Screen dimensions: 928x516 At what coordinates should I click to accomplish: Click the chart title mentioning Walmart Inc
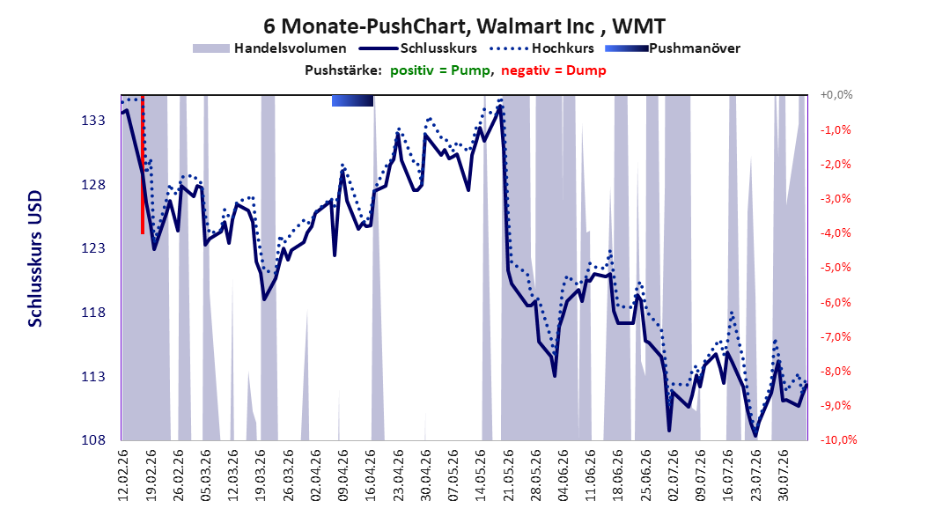pos(464,26)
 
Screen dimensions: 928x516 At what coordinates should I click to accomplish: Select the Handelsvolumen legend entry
pos(269,48)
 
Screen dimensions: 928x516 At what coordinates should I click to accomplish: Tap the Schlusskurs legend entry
pos(418,48)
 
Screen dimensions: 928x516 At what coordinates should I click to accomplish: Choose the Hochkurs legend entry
pos(541,48)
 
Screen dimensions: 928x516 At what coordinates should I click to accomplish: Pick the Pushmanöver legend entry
pos(673,48)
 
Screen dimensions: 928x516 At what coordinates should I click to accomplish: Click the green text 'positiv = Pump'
pos(439,70)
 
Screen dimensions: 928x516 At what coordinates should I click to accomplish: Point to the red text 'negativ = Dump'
pos(554,70)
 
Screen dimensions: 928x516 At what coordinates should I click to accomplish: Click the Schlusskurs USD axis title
pos(35,259)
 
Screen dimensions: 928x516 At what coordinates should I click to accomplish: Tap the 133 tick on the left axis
pos(93,120)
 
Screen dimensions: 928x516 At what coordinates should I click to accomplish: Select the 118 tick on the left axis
pos(93,312)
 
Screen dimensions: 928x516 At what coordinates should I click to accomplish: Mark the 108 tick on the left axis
pos(93,439)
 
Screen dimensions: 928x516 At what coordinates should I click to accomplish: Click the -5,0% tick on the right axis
pos(836,268)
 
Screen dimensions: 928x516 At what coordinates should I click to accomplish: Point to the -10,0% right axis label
pos(838,439)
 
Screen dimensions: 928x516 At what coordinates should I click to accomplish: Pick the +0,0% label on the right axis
pos(836,95)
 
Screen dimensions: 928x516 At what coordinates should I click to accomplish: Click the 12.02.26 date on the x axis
pos(123,475)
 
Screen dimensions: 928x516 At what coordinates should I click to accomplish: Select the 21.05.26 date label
pos(508,475)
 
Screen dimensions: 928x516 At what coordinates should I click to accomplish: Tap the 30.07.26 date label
pos(783,475)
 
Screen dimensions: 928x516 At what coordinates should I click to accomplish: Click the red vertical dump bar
pos(143,165)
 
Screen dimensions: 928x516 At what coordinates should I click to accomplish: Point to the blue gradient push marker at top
pos(353,100)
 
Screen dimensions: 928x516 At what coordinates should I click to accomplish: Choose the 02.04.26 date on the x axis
pos(315,475)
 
